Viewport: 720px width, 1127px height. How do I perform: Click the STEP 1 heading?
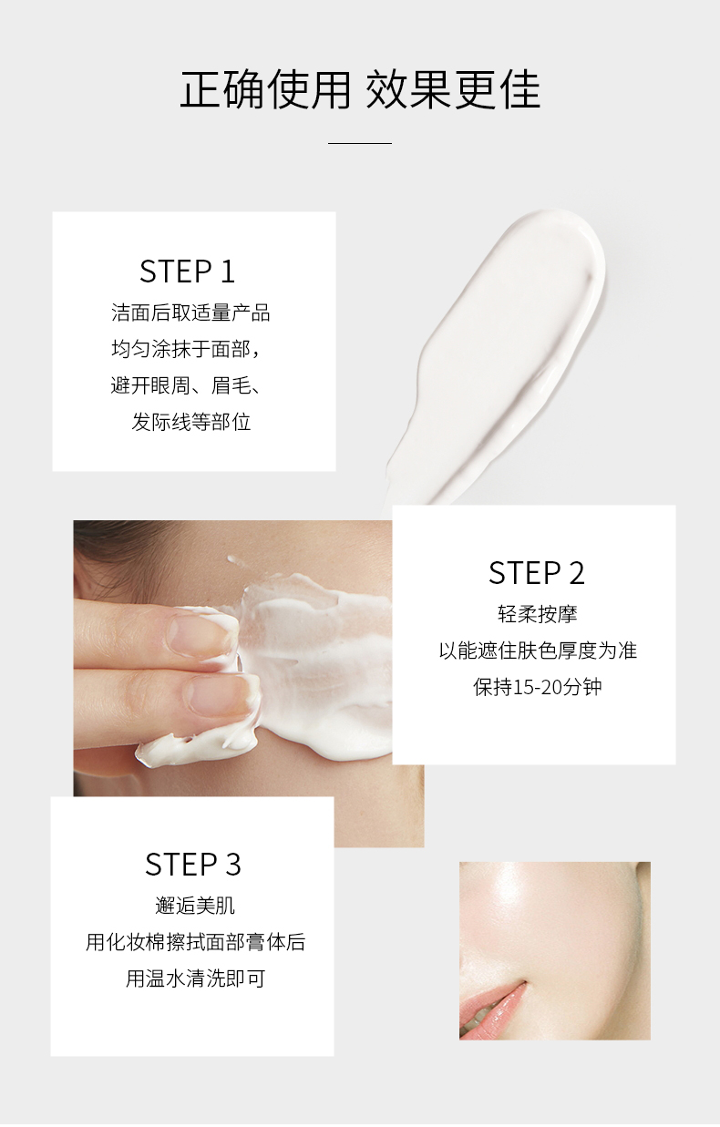pyautogui.click(x=187, y=272)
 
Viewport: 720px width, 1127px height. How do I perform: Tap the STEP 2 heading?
pyautogui.click(x=536, y=572)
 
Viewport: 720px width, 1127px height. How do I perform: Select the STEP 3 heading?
pyautogui.click(x=193, y=865)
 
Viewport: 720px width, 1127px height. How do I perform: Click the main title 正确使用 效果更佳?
pyautogui.click(x=360, y=90)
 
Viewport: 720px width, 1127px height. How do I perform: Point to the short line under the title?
pyautogui.click(x=360, y=143)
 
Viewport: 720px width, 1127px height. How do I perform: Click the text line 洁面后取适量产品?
pyautogui.click(x=190, y=312)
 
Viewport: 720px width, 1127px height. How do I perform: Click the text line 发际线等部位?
pyautogui.click(x=191, y=422)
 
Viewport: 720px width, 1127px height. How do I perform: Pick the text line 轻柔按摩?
pyautogui.click(x=538, y=614)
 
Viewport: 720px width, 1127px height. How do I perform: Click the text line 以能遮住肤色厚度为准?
pyautogui.click(x=538, y=651)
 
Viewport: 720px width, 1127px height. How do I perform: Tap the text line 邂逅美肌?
pyautogui.click(x=195, y=906)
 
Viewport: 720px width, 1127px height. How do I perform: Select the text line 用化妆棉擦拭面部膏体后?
pyautogui.click(x=195, y=942)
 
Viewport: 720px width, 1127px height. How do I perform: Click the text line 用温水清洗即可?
pyautogui.click(x=195, y=979)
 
